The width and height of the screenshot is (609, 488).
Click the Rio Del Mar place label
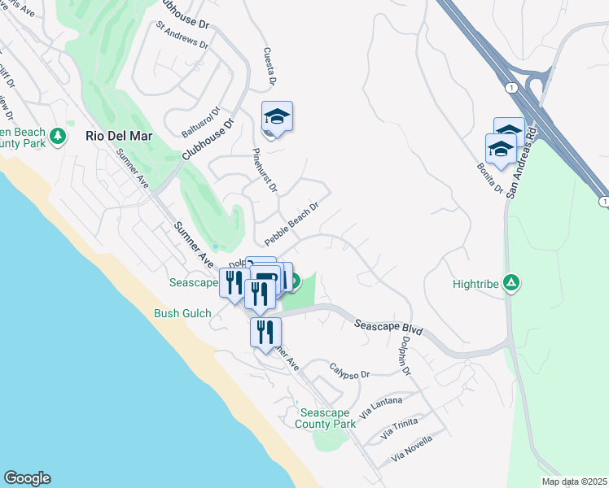pos(119,136)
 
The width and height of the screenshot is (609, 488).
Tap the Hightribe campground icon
pos(511,283)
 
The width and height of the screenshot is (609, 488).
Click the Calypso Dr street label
pos(349,370)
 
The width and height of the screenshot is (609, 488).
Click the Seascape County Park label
pos(326,418)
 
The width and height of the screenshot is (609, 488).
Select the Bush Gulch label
pos(183,313)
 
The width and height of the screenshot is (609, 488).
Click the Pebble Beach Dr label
pos(290,224)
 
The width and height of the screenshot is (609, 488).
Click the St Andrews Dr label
pos(182,37)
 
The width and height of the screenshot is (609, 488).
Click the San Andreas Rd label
pos(521,163)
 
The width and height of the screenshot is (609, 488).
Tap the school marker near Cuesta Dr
pos(277,118)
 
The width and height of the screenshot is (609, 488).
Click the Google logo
pos(27,478)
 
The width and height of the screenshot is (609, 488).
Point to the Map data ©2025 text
pos(574,481)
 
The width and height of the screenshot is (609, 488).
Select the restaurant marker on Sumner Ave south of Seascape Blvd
pos(265,332)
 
